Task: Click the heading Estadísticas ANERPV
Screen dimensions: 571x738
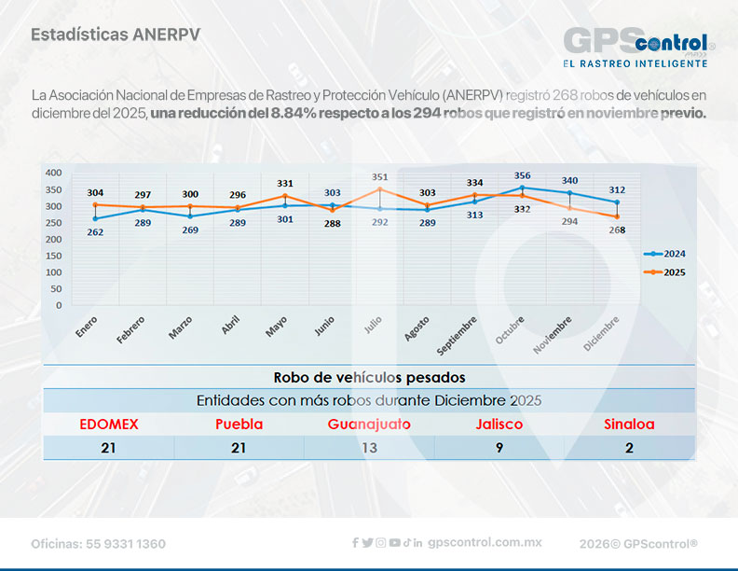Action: (116, 35)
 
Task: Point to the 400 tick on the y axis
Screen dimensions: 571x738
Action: (53, 173)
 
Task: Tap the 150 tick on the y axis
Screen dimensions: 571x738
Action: (53, 255)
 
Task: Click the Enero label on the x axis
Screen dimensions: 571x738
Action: (87, 327)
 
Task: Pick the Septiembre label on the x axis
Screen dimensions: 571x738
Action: (458, 335)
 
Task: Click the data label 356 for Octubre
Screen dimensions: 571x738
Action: (522, 175)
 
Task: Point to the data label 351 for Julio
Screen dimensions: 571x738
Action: (379, 176)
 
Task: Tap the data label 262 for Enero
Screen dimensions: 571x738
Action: (95, 232)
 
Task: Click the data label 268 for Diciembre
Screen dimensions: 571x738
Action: (617, 231)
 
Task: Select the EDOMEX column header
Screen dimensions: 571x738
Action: (108, 424)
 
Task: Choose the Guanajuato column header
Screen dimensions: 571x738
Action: (369, 424)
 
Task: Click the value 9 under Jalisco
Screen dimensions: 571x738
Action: (499, 448)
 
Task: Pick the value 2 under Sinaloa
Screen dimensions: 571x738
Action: (629, 448)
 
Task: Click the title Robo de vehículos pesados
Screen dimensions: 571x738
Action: (369, 377)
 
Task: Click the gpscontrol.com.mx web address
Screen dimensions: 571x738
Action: (485, 543)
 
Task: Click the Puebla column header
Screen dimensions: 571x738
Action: (239, 424)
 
